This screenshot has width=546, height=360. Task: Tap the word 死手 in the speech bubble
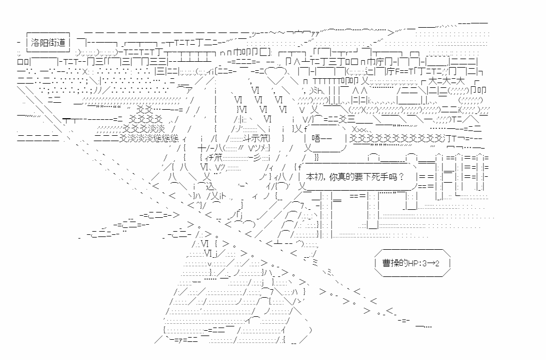click(x=387, y=176)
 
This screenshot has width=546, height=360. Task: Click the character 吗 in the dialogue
click(x=401, y=176)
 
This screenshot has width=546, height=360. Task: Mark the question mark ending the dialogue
click(x=409, y=176)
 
